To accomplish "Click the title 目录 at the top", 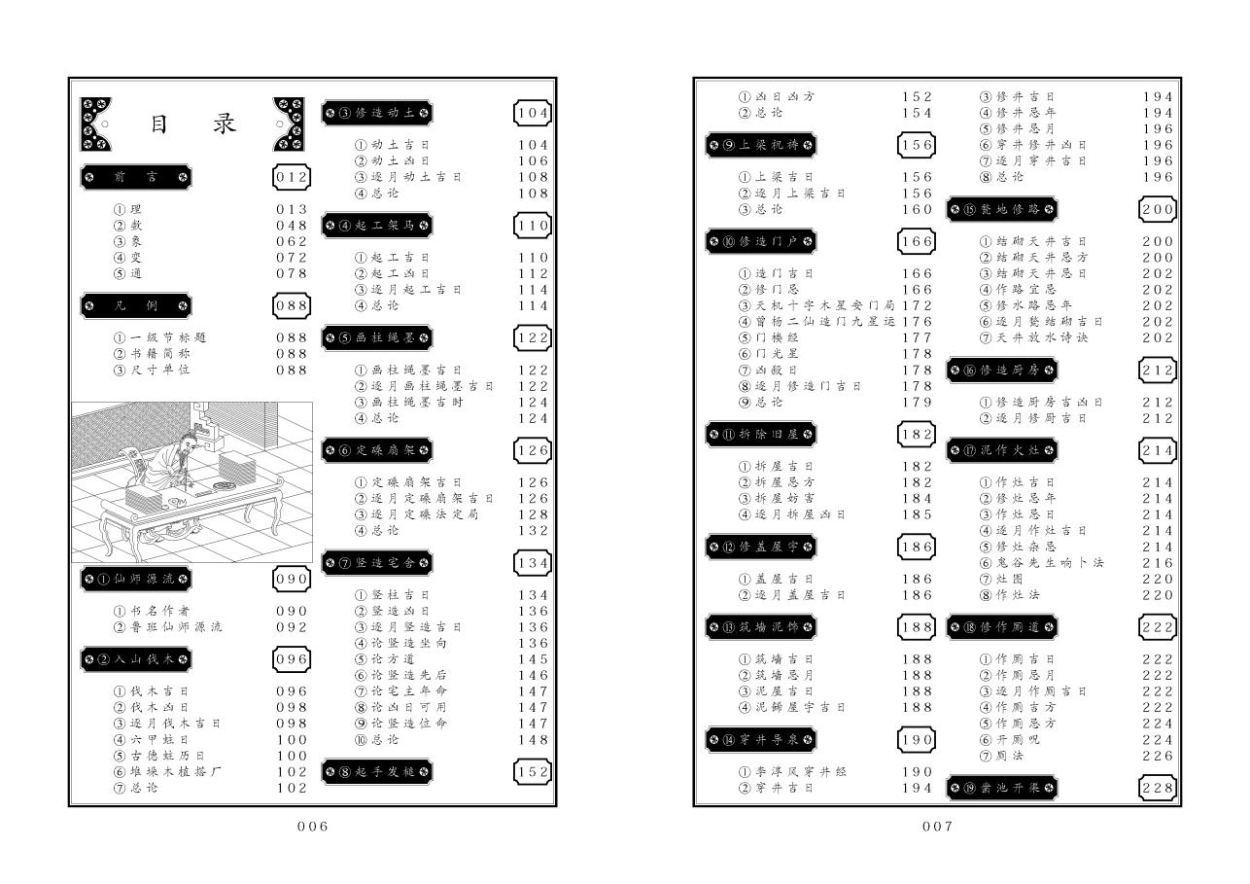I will click(x=193, y=125).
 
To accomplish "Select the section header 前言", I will click(x=135, y=177).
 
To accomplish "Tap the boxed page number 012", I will click(x=292, y=177).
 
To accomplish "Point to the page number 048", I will click(x=292, y=226).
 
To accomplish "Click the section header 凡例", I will click(x=135, y=305).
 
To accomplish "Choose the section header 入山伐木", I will click(x=135, y=659).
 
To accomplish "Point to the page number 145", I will click(x=534, y=659).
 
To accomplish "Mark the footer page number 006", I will click(x=312, y=828).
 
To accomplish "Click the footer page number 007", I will click(x=937, y=828).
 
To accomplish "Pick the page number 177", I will click(x=917, y=337).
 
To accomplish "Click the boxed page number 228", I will click(x=1158, y=788).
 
